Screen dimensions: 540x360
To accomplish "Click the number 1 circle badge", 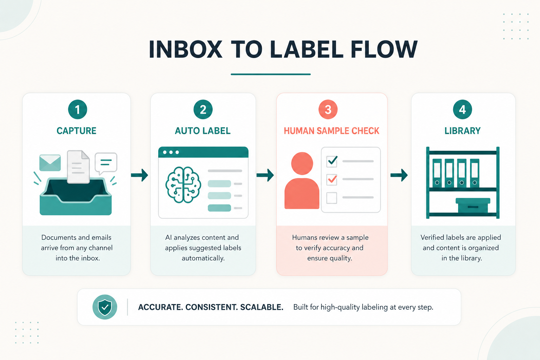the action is tap(77, 109).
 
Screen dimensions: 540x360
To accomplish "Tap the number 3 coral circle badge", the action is tap(328, 109).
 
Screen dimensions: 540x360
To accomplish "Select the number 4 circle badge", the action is tap(462, 109).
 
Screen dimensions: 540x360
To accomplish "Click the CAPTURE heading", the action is tap(76, 131).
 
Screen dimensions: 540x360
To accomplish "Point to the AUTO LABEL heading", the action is tap(203, 131).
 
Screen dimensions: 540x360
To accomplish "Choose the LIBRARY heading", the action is tap(462, 131).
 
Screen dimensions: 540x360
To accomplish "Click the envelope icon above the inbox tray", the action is tap(50, 163).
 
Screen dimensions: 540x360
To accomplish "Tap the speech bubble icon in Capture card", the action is tap(106, 163).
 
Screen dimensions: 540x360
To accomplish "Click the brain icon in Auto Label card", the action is tap(183, 185).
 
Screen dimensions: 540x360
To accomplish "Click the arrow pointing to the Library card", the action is tap(399, 175).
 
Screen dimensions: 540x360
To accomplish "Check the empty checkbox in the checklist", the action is tap(332, 198).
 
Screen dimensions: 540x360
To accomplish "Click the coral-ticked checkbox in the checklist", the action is tap(332, 180).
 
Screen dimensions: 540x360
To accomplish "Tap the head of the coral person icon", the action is tap(302, 163).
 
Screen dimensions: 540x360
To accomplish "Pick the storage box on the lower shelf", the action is tap(473, 205).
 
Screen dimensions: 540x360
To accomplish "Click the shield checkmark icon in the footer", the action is tap(105, 307).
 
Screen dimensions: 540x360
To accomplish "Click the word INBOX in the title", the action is tap(185, 50).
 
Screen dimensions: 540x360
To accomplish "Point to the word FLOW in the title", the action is tap(384, 50).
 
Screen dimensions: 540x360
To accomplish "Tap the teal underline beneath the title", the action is tap(270, 74).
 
